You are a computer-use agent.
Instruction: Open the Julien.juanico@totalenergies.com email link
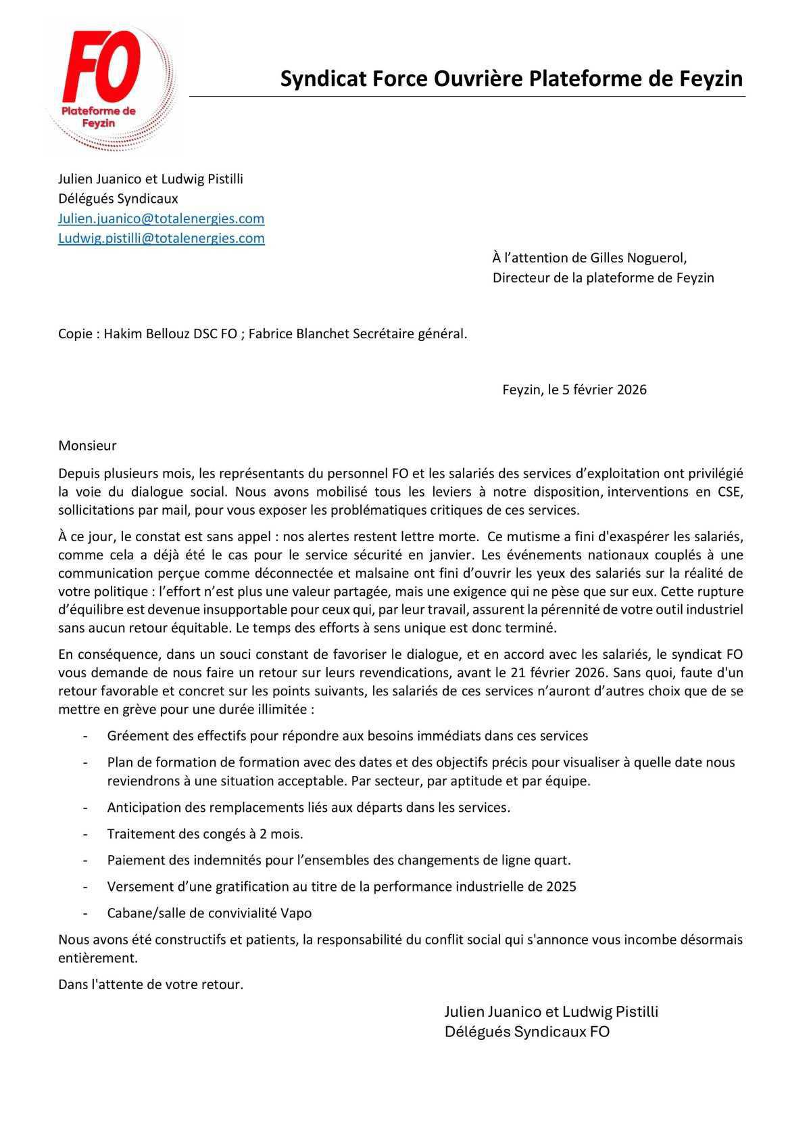point(161,219)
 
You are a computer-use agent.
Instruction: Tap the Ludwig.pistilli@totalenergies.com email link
point(161,238)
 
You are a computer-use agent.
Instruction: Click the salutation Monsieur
point(87,446)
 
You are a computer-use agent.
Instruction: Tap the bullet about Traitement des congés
point(205,834)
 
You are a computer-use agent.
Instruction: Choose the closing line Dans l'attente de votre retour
point(151,985)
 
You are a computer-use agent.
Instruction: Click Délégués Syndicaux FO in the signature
point(526,1032)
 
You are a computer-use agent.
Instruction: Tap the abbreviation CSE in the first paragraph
point(728,492)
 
